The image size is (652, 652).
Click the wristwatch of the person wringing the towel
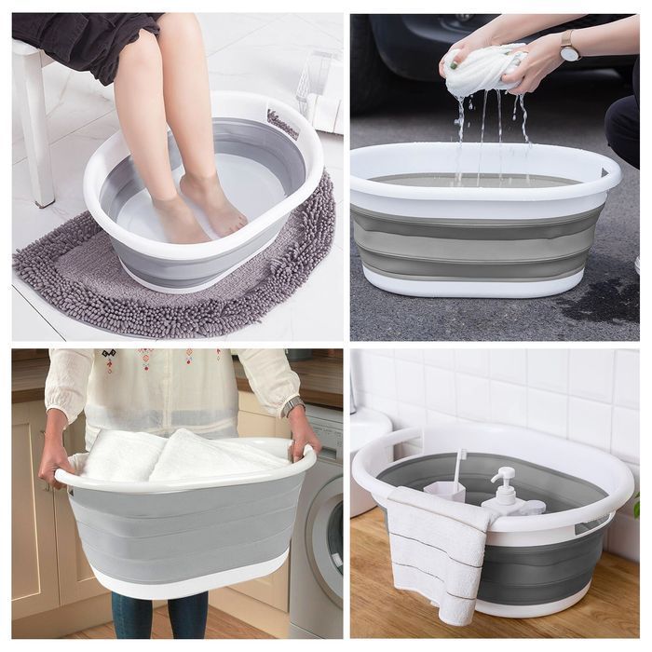(x=568, y=45)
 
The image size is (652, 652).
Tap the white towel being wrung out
(x=483, y=69)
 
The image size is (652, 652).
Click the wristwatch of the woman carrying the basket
(x=292, y=406)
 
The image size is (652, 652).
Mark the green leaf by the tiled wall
(x=637, y=507)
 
